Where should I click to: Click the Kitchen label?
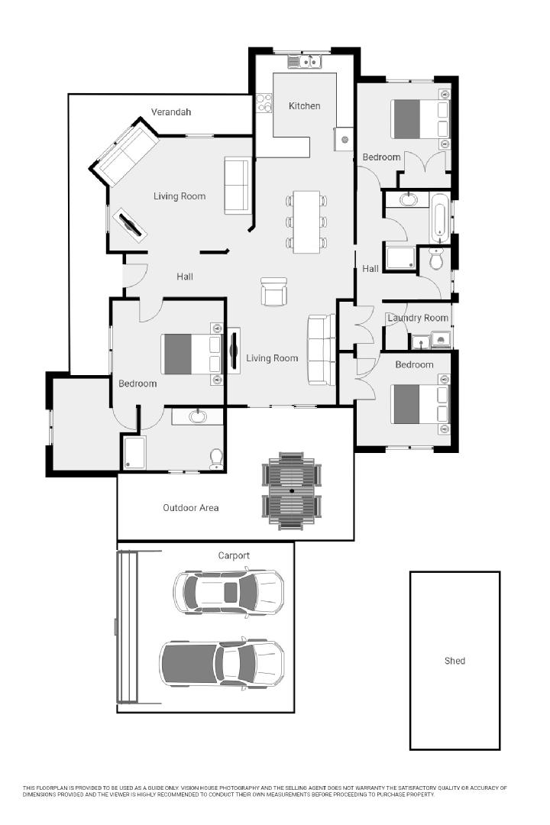tap(304, 105)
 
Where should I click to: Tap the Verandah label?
tap(170, 112)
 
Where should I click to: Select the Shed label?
tap(455, 661)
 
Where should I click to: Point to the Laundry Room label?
tap(417, 318)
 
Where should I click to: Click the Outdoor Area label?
tap(190, 507)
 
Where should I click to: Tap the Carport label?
tap(234, 555)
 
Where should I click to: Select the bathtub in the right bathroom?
tap(440, 217)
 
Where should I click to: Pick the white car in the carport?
tap(228, 591)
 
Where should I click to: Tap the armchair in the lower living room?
tap(274, 292)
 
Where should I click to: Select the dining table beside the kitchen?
tap(306, 222)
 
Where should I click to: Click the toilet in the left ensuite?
tap(216, 456)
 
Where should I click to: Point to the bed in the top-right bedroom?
tap(419, 119)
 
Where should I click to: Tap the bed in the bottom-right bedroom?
tap(419, 403)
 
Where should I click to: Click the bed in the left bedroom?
tap(191, 354)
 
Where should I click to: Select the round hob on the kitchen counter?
tap(345, 140)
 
